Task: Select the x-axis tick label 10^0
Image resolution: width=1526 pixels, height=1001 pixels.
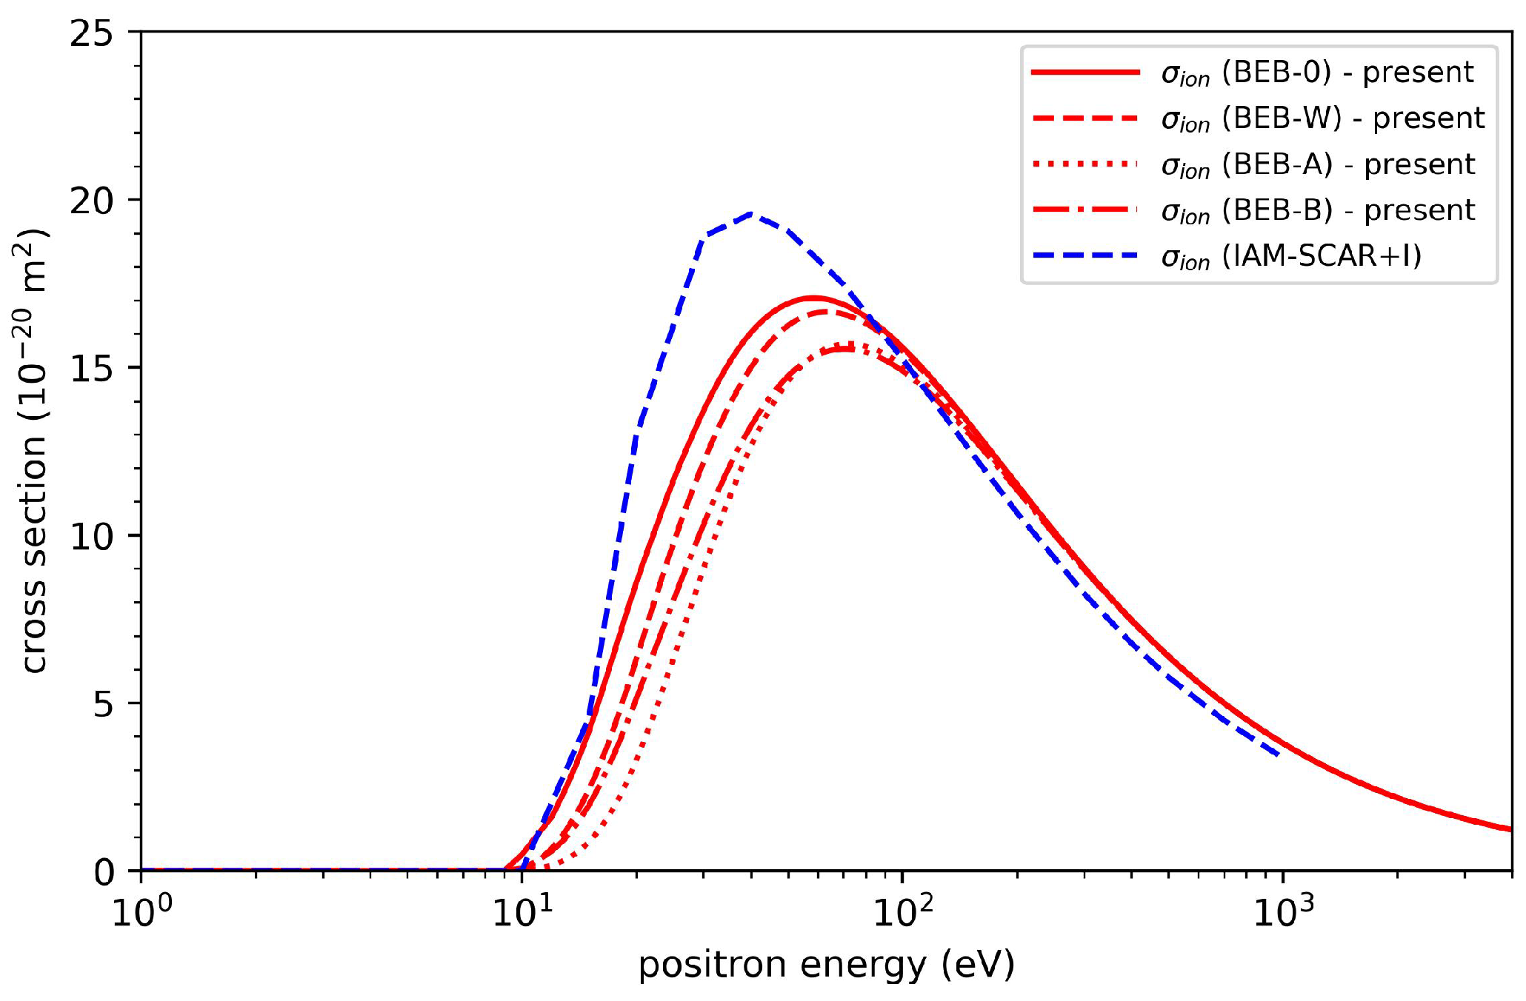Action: [141, 912]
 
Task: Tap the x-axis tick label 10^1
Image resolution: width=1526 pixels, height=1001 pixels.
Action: [522, 912]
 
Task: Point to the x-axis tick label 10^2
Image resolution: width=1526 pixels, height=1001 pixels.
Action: [902, 912]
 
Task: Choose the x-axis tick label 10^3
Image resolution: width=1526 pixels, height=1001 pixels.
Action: [1282, 912]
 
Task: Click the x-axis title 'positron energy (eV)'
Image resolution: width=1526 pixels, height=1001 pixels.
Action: [826, 965]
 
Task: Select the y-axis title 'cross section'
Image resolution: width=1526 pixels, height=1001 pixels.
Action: [34, 452]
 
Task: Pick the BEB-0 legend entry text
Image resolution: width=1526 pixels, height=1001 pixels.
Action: [1317, 73]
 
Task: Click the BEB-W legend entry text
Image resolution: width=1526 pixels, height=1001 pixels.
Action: [1322, 118]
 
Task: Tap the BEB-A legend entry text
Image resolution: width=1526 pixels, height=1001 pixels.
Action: [1318, 164]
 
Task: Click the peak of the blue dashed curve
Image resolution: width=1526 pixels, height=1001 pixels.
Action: [751, 214]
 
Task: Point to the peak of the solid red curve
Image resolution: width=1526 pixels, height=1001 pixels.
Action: [813, 298]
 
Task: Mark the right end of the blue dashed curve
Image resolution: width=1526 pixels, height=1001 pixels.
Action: [1280, 755]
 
